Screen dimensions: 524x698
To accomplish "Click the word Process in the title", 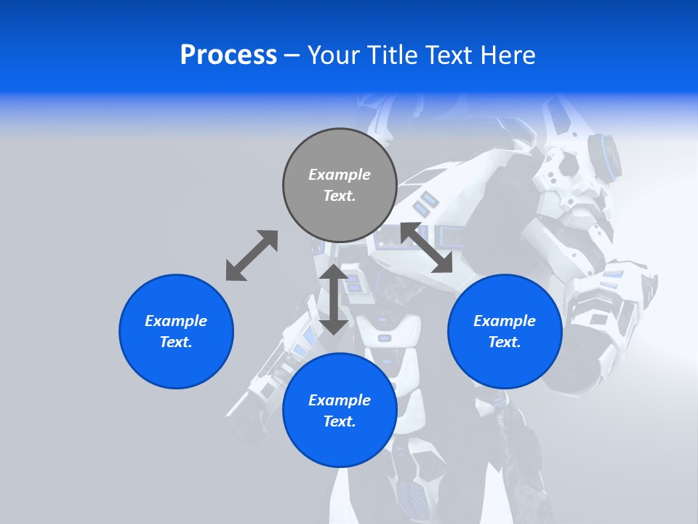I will (x=228, y=55).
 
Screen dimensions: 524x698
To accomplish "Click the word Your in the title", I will (x=334, y=55).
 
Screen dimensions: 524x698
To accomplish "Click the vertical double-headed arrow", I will (x=334, y=299).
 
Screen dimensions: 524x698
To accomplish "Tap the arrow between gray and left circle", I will (x=252, y=255).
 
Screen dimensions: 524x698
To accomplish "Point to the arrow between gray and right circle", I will (x=426, y=247).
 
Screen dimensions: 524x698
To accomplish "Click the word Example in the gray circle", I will (x=340, y=175).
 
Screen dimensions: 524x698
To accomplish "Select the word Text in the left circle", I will (x=176, y=342).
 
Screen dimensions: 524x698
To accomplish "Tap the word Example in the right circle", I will (x=505, y=321).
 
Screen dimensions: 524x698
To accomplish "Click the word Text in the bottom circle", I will (x=340, y=421).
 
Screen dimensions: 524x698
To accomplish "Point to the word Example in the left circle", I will (x=176, y=321).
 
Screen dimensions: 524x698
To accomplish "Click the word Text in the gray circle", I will (x=340, y=196).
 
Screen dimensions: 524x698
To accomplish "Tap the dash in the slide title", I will (x=292, y=55).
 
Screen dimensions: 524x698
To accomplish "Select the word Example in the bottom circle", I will (x=340, y=400).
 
